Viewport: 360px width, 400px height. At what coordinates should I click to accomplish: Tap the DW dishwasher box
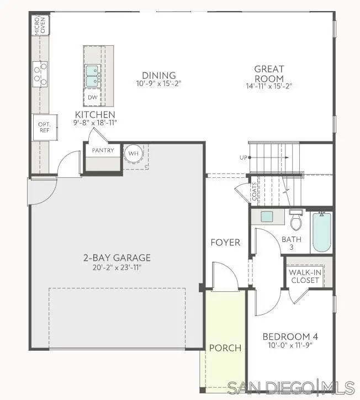click(92, 97)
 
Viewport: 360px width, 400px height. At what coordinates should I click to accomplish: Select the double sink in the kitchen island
click(92, 76)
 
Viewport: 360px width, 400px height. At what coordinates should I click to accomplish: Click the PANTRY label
click(103, 150)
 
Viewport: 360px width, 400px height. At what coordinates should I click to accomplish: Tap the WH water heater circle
click(133, 153)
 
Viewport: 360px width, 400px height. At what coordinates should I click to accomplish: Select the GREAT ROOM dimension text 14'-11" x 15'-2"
click(269, 86)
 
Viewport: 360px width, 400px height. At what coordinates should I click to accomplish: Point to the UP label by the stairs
click(243, 158)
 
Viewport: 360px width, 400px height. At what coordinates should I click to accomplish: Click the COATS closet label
click(255, 192)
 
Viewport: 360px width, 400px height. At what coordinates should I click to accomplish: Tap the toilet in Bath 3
click(297, 220)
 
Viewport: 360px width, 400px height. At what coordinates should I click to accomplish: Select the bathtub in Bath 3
click(321, 231)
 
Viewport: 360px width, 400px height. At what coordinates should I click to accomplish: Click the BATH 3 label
click(291, 243)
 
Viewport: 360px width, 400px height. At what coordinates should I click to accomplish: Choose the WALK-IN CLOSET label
click(304, 276)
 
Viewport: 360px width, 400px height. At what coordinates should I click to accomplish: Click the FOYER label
click(225, 243)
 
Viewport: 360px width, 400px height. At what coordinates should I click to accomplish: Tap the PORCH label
click(225, 348)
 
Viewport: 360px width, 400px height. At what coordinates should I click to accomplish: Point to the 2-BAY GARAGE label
click(117, 258)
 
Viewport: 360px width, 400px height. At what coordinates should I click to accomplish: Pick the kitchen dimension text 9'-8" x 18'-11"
click(96, 123)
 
